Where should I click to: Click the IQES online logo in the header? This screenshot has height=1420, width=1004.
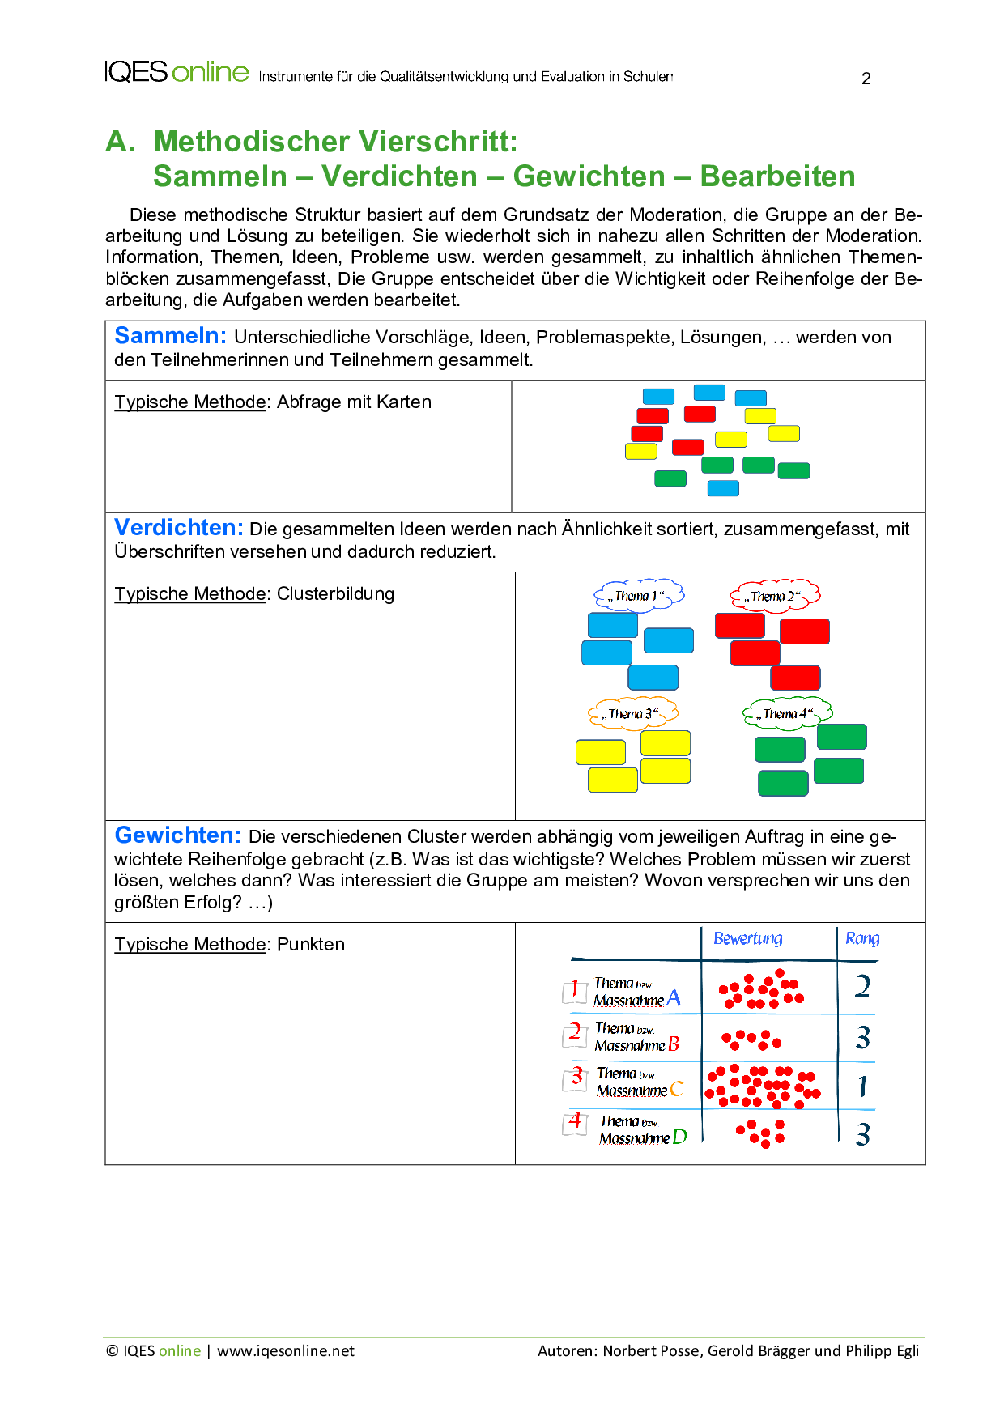pos(177,72)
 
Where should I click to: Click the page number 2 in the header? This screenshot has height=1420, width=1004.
pos(866,79)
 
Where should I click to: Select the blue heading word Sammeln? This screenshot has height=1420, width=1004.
pos(170,336)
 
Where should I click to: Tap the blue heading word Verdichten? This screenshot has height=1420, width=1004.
pos(178,528)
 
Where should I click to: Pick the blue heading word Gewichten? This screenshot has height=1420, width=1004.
pos(177,835)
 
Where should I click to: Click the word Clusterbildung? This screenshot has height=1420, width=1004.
pos(335,594)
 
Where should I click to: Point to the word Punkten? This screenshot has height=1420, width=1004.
pos(310,945)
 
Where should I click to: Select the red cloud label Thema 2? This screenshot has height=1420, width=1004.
pos(775,596)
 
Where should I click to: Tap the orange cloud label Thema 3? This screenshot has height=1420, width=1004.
pos(632,713)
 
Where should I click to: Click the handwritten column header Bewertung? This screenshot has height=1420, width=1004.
pos(747,938)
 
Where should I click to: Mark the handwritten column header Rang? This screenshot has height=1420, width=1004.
pos(861,938)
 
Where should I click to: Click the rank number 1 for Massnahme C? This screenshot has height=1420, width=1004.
pos(863,1086)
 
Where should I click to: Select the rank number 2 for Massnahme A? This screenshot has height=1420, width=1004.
pos(863,986)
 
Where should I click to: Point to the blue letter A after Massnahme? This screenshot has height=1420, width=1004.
pos(674,998)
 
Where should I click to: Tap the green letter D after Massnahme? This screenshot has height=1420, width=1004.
pos(679,1137)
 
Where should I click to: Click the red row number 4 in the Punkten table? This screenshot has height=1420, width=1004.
pos(575,1121)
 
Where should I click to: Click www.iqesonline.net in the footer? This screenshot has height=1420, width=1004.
pos(286,1351)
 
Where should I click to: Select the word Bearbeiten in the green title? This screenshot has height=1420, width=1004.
pos(777,176)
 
